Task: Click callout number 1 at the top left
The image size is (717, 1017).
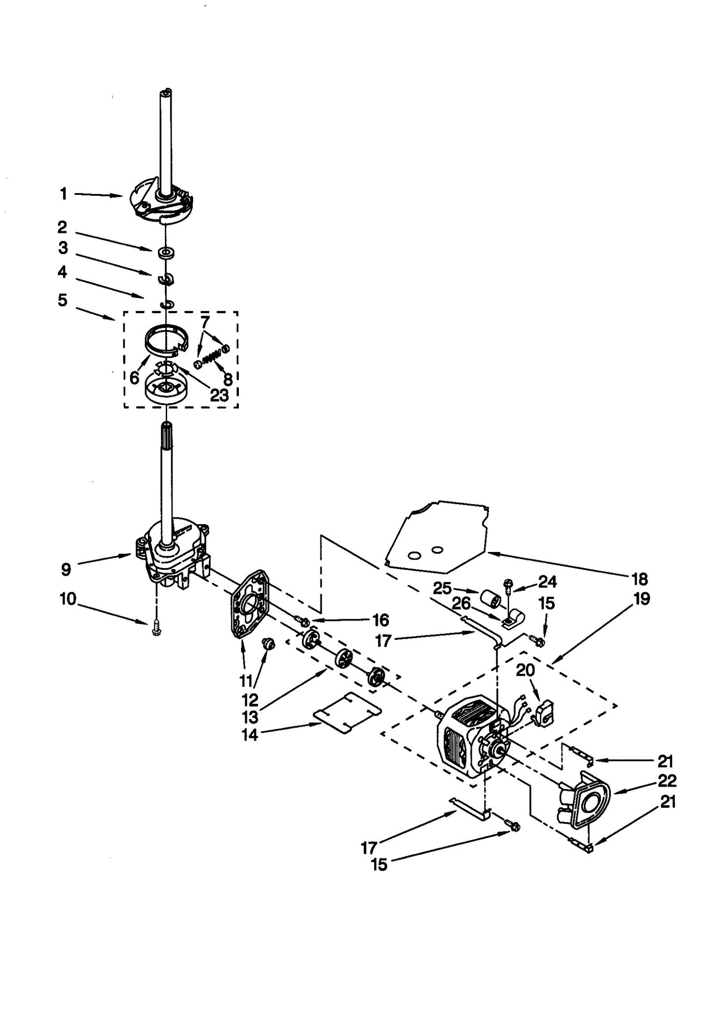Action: click(63, 194)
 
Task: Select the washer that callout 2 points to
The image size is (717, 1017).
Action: click(166, 252)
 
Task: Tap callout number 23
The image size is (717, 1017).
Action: click(219, 395)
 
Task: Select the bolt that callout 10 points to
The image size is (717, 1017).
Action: click(156, 630)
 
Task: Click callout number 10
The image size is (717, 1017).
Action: click(69, 599)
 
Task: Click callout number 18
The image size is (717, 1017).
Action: click(639, 579)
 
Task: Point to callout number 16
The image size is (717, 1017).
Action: click(380, 620)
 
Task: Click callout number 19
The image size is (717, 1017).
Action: click(642, 599)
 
